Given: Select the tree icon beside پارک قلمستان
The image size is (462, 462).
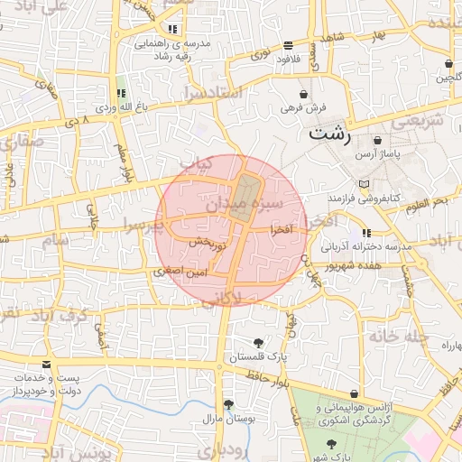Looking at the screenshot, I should [x=259, y=343].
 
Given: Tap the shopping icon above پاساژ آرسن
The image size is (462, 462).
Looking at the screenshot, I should [x=376, y=140].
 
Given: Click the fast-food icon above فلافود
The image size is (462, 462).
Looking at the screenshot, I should [x=288, y=45].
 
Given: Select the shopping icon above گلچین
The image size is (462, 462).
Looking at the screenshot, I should [x=449, y=64].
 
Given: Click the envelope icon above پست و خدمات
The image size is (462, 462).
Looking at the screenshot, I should [x=46, y=364].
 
